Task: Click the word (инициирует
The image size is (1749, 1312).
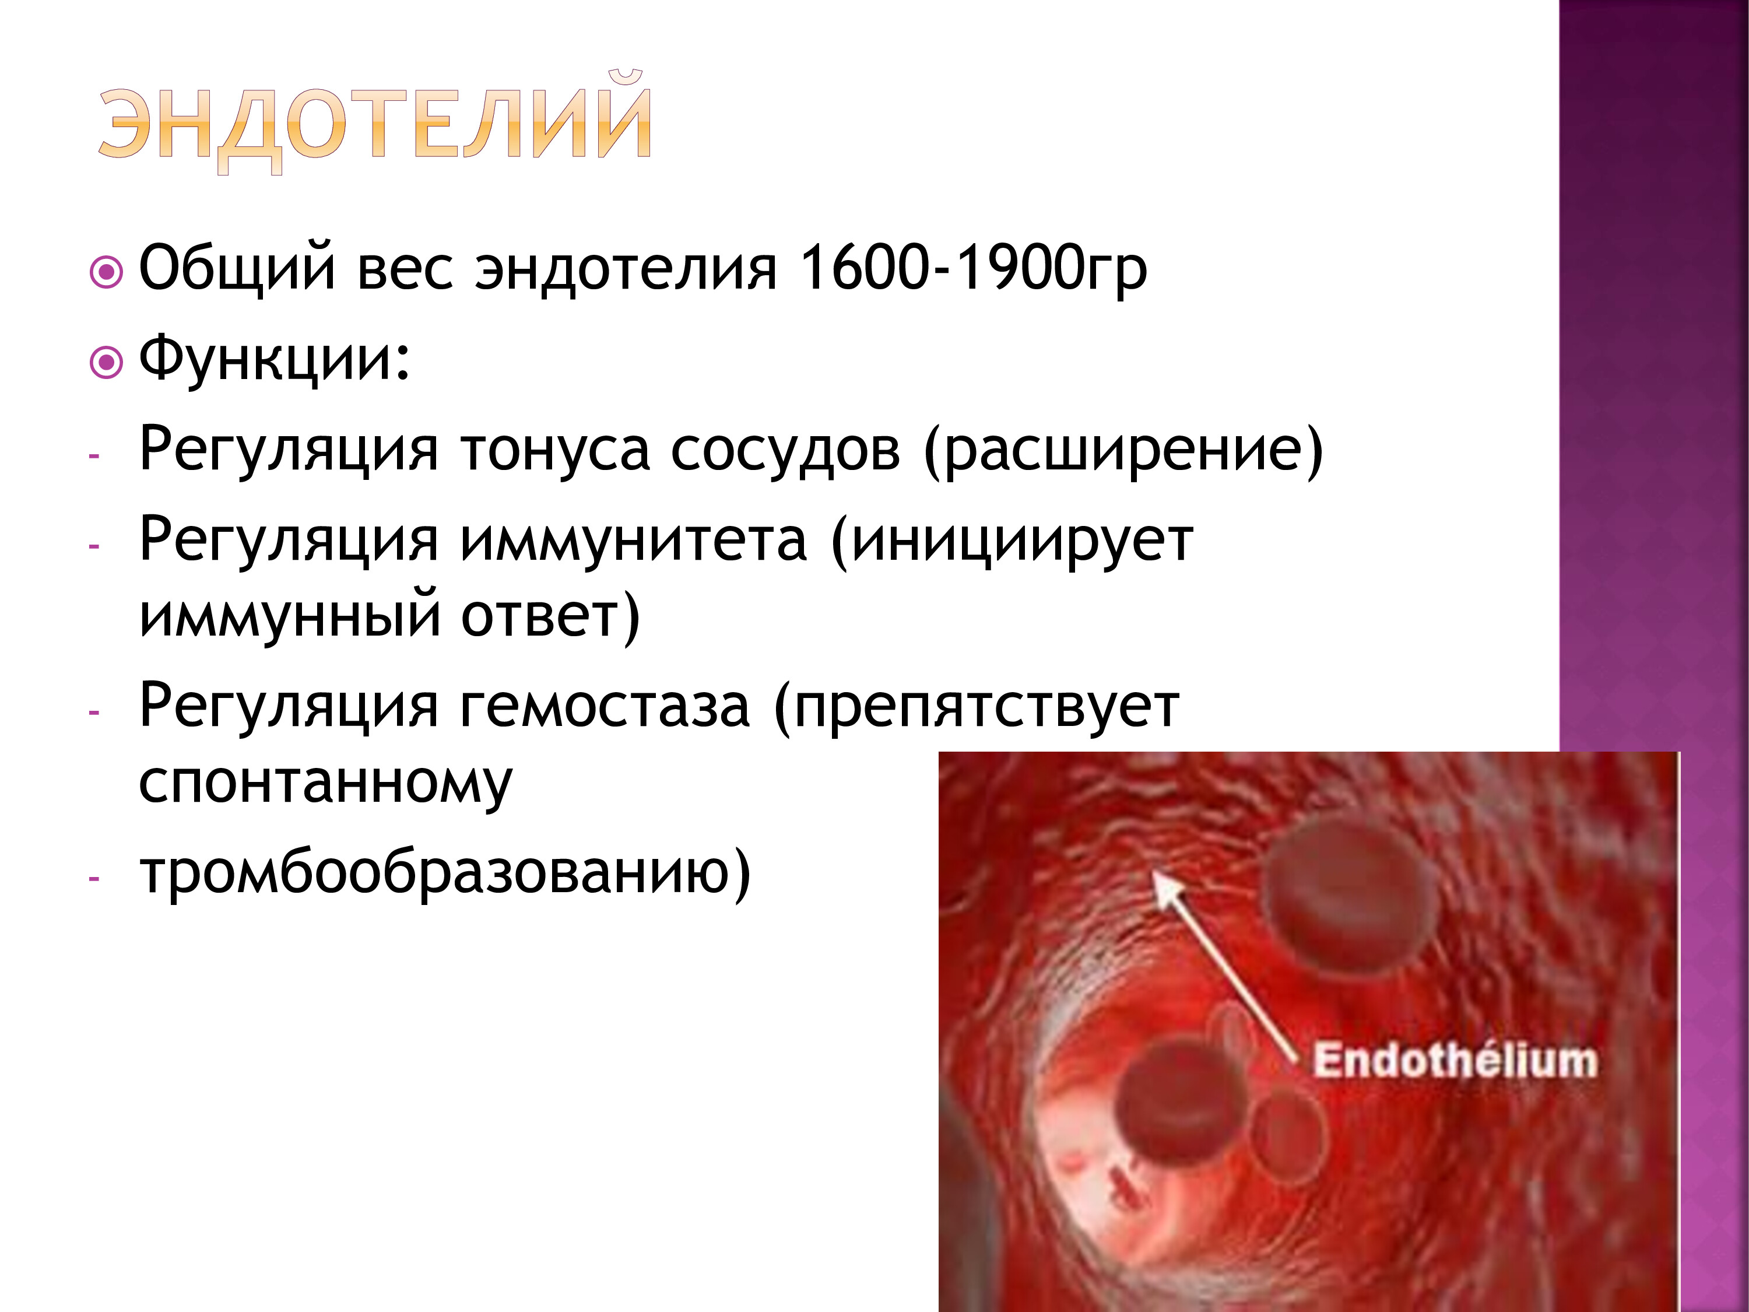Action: [x=1012, y=542]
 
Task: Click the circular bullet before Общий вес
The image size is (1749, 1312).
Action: [x=107, y=273]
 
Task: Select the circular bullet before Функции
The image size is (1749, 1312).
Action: [x=107, y=364]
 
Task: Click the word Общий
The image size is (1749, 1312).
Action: [x=237, y=269]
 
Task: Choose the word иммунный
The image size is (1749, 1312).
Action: [x=289, y=617]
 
